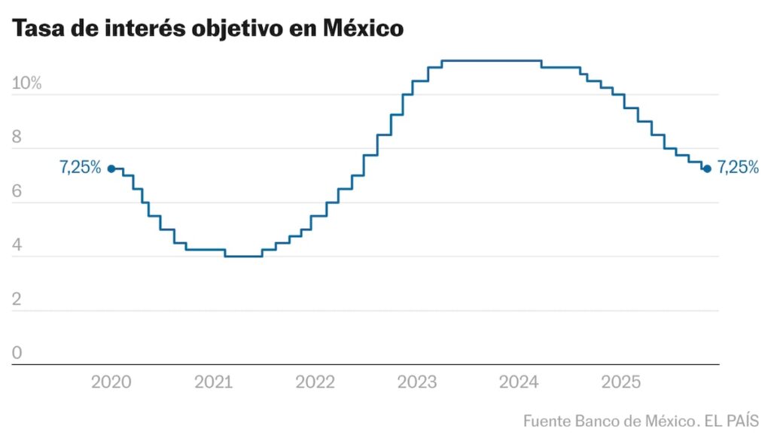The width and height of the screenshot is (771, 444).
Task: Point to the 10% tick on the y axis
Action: (x=26, y=84)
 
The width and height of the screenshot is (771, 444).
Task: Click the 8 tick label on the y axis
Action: (x=17, y=138)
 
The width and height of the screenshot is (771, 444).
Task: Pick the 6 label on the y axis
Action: (x=17, y=192)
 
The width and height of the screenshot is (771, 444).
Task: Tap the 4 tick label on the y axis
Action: (x=17, y=246)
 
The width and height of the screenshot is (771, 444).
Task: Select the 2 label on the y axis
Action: (x=17, y=300)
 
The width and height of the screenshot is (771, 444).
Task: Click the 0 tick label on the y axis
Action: (x=17, y=354)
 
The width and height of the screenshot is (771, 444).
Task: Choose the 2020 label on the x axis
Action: (x=111, y=382)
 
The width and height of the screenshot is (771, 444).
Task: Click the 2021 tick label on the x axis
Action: (x=214, y=382)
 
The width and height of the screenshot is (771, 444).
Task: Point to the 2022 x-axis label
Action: (x=315, y=382)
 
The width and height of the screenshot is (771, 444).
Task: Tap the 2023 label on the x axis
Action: (x=417, y=382)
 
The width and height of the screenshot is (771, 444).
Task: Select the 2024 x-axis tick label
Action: (x=519, y=382)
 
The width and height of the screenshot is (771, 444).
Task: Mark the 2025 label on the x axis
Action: (x=620, y=382)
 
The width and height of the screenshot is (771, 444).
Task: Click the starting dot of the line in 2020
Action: (x=111, y=169)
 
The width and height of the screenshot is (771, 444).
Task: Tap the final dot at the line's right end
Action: (x=706, y=169)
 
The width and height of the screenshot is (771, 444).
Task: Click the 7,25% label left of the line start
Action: (x=81, y=168)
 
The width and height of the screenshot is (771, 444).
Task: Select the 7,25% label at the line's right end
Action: (x=738, y=168)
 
